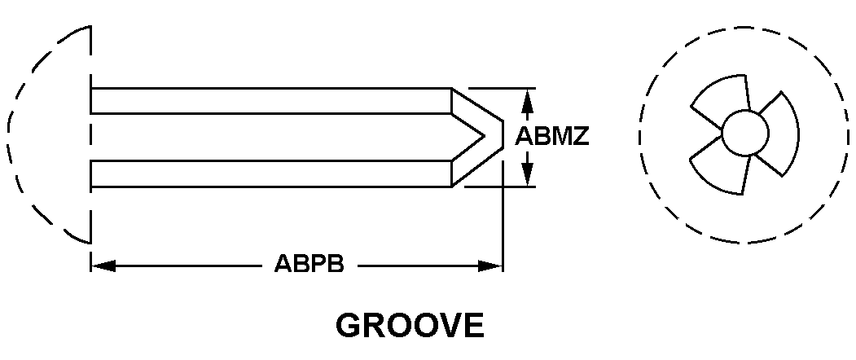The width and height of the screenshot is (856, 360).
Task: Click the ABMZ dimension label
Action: point(552,137)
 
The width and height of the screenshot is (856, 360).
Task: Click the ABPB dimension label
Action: point(309,266)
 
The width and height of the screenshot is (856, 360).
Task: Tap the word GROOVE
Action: point(410,326)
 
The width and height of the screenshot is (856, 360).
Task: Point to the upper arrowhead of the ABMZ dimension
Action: point(527,100)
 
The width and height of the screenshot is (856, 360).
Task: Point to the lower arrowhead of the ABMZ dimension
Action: point(527,174)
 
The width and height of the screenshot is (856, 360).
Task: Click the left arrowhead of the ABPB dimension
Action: point(103,266)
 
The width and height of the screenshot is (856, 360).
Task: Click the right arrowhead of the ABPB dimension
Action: point(491,266)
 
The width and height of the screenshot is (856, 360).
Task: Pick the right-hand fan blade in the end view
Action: point(775,134)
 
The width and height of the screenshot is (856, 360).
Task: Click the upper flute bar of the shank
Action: point(269,100)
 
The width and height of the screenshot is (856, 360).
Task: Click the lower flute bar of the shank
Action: point(269,173)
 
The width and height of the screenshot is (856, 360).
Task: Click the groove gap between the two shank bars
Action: point(269,137)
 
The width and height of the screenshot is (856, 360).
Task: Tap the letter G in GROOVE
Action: point(349,326)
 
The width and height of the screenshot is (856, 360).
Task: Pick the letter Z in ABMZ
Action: point(580,137)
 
